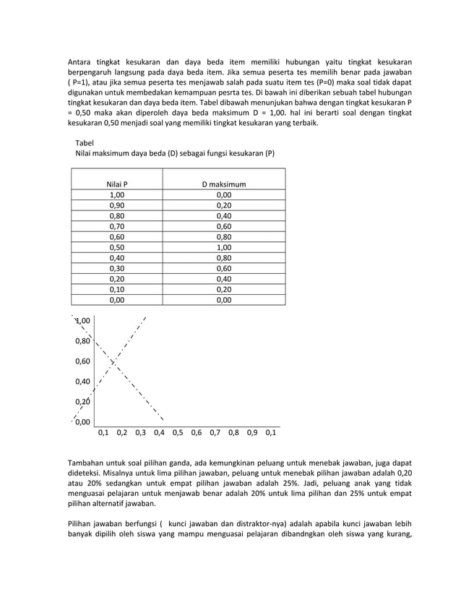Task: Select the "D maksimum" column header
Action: point(224,184)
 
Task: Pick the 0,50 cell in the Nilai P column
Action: point(116,246)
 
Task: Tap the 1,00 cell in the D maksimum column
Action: point(224,246)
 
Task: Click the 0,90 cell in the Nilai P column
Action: point(116,205)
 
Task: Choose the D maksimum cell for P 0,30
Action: point(224,267)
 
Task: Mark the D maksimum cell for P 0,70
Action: point(224,226)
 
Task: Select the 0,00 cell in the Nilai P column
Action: point(116,298)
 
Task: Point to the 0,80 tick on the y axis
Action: point(83,340)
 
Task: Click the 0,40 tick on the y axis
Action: point(83,381)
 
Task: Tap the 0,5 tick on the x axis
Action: point(178,434)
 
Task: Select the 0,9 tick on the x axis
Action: point(252,434)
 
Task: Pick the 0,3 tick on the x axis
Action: point(140,434)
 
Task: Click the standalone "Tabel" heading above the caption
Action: point(85,143)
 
